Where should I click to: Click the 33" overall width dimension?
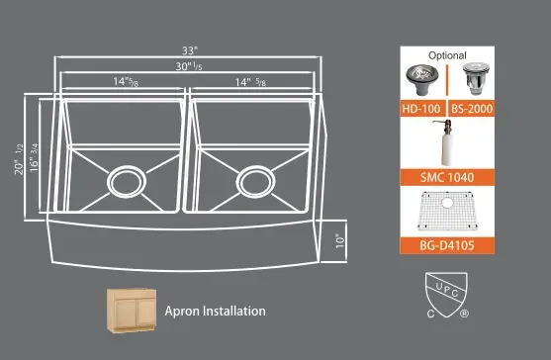[x=190, y=50]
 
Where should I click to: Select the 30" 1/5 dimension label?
[x=189, y=66]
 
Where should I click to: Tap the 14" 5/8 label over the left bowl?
[x=126, y=81]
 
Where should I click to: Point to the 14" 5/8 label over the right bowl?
[x=250, y=82]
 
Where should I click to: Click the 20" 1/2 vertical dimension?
[x=19, y=159]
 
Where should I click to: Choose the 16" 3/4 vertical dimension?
[x=34, y=157]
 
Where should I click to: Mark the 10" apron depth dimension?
[x=340, y=241]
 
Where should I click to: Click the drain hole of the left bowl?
[x=127, y=182]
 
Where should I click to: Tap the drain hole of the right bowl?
[x=256, y=182]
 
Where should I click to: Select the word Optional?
[x=447, y=55]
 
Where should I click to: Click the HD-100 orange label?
[x=422, y=109]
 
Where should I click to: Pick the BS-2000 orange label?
[x=471, y=109]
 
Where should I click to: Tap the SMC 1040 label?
[x=447, y=177]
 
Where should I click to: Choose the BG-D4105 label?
[x=447, y=245]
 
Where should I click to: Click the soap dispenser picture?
[x=445, y=142]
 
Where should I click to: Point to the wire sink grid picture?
[x=447, y=211]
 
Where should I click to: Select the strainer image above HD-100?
[x=422, y=79]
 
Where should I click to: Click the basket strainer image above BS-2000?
[x=476, y=79]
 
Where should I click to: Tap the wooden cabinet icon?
[x=132, y=311]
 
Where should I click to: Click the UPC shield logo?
[x=446, y=295]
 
